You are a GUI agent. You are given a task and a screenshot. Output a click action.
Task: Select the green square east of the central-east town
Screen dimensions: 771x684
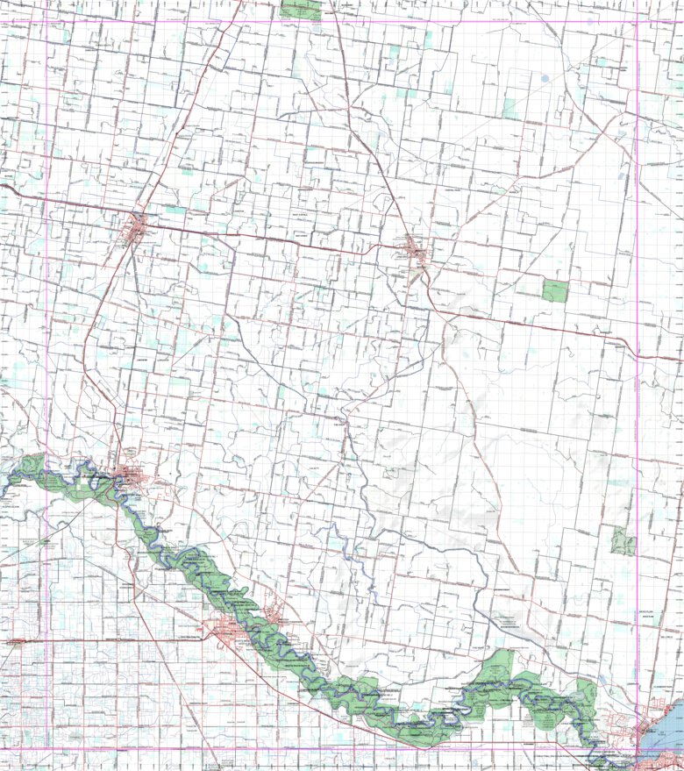pyautogui.click(x=554, y=291)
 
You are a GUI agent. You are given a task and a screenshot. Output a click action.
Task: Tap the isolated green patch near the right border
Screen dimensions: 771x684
pyautogui.click(x=623, y=541)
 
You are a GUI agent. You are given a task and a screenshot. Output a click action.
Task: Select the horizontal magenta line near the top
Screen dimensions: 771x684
pyautogui.click(x=351, y=20)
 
